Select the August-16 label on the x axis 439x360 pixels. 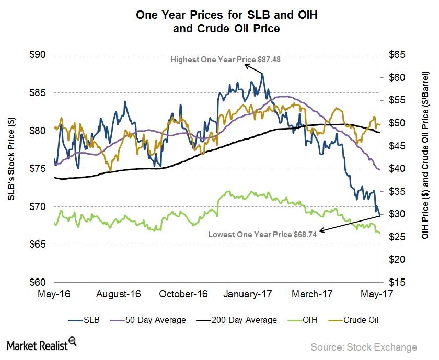(x=119, y=294)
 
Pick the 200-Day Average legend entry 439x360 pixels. (x=240, y=320)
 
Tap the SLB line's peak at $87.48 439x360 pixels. (x=262, y=74)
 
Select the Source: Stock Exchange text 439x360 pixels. (x=364, y=347)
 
